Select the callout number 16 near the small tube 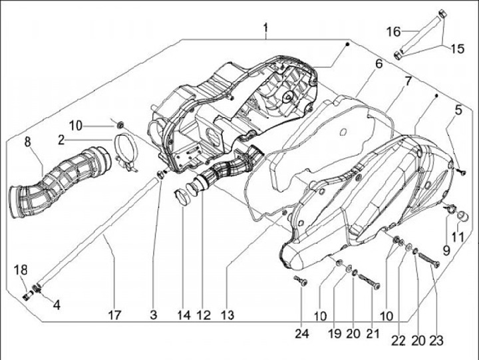393,31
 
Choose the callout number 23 436,340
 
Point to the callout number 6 378,65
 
